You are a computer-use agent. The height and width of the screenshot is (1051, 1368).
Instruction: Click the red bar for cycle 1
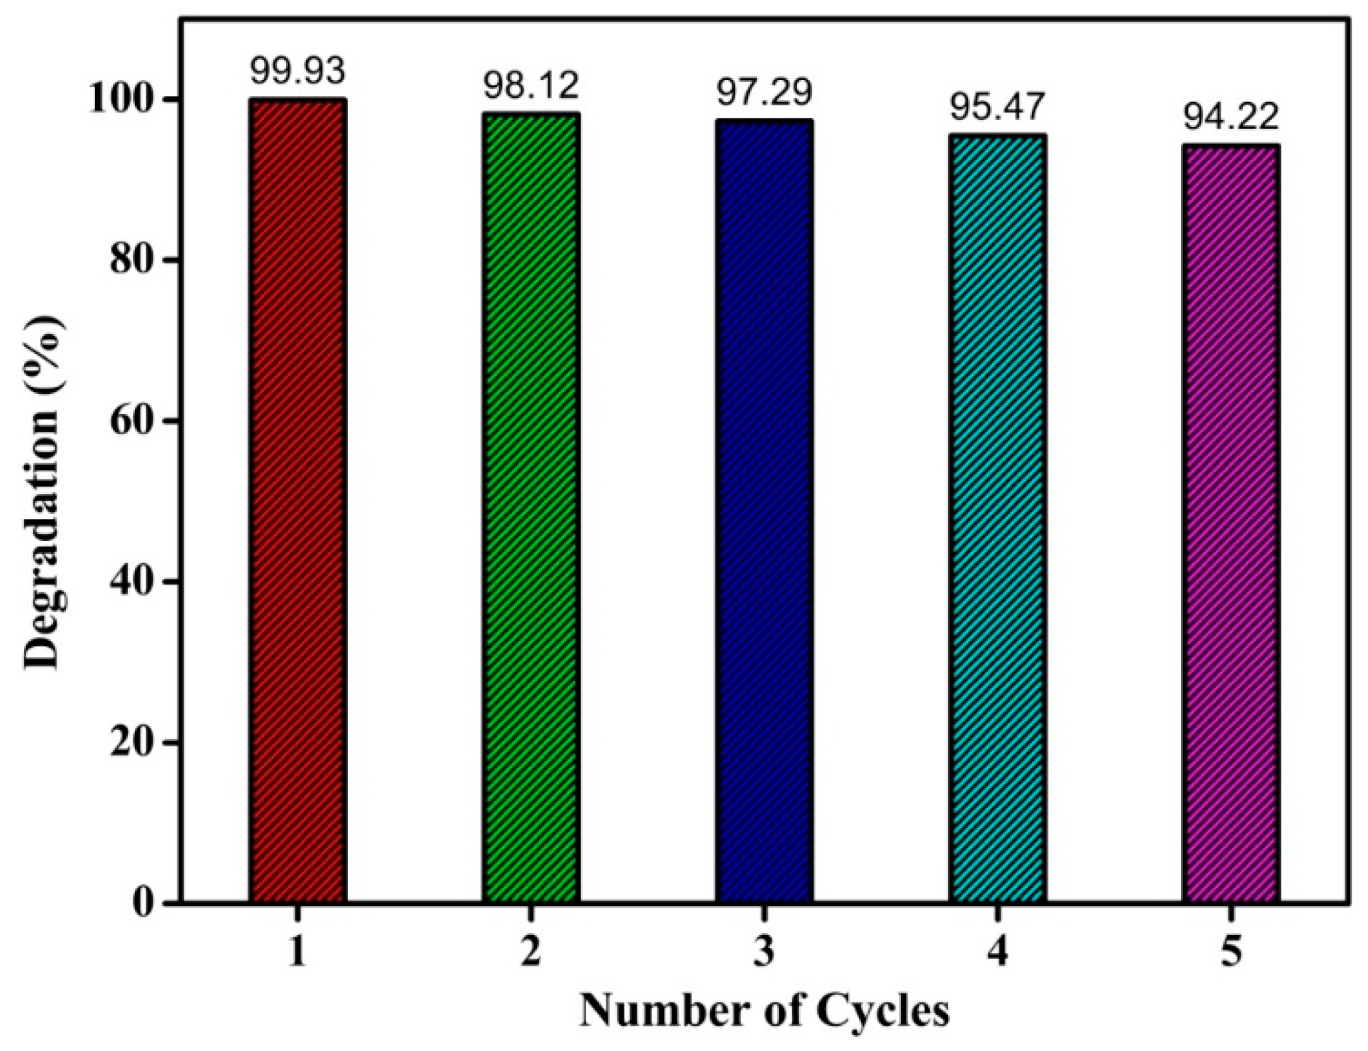click(297, 501)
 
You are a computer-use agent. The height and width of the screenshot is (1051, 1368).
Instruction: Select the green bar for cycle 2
click(530, 508)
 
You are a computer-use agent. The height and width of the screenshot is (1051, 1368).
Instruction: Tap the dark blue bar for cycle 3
click(764, 511)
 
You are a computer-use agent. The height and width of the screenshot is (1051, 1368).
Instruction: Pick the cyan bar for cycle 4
click(997, 519)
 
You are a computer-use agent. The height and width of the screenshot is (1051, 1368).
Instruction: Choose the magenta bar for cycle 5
click(1231, 523)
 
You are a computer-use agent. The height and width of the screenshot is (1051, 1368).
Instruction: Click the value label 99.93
click(297, 71)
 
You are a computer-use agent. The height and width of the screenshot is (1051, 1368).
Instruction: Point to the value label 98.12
click(530, 86)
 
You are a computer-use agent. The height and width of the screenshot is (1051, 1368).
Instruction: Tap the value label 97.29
click(764, 93)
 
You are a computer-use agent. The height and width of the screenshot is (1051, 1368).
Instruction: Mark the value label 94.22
click(1230, 117)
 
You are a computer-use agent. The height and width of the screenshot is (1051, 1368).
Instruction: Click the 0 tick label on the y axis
click(146, 903)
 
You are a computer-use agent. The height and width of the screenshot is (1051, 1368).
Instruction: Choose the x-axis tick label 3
click(764, 952)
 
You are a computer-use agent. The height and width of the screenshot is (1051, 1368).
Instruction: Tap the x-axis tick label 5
click(1231, 952)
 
